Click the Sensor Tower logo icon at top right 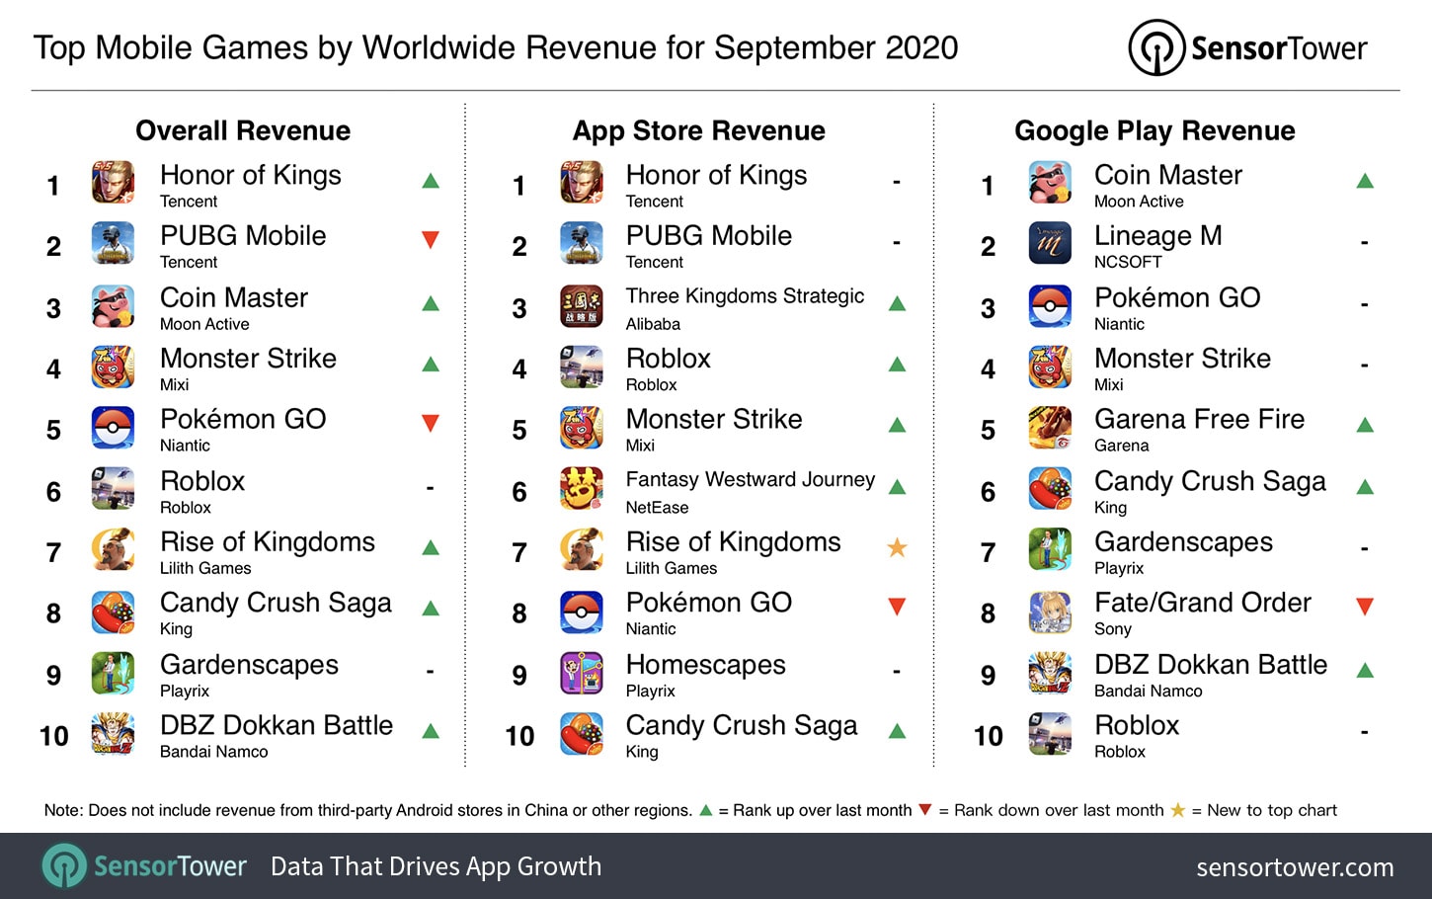(x=1155, y=47)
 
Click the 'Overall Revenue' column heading (x=243, y=130)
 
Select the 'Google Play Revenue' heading (x=1154, y=130)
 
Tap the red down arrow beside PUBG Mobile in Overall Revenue (x=430, y=239)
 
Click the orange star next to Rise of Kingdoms (x=897, y=547)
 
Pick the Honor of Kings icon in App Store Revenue (x=582, y=183)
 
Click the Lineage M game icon (x=1049, y=244)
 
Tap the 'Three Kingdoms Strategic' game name (x=745, y=296)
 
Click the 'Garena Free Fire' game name (x=1199, y=419)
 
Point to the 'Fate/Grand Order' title (x=1202, y=603)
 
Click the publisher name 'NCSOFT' (x=1128, y=262)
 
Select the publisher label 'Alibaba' (x=653, y=324)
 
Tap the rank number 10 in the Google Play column (x=988, y=736)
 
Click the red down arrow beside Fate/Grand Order (x=1365, y=607)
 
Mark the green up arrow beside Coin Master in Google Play (x=1365, y=181)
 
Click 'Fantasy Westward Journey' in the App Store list (x=750, y=480)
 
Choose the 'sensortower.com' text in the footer (x=1295, y=867)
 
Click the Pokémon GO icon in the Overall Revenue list (x=113, y=428)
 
